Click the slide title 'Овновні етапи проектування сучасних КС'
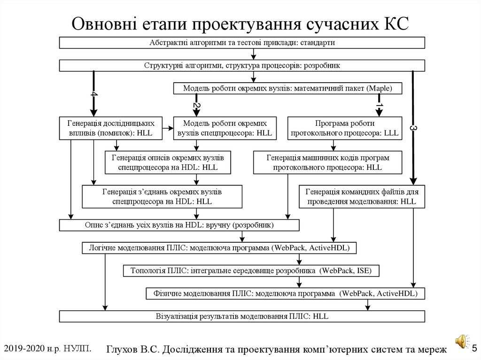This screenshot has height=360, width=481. [x=240, y=23]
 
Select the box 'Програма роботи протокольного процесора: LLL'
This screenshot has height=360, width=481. [x=345, y=128]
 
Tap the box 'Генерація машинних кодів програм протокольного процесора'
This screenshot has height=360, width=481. [x=327, y=162]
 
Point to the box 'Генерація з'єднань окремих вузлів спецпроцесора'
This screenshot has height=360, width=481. [x=162, y=197]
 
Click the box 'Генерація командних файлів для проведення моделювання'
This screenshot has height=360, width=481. [x=362, y=197]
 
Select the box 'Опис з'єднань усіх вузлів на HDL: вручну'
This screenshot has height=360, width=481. [x=179, y=225]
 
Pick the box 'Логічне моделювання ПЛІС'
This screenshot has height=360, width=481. [x=219, y=247]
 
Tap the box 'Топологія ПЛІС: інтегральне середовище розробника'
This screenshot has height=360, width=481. [x=250, y=271]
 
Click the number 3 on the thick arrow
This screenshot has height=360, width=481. [x=413, y=128]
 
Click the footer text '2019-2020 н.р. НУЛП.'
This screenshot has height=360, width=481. [x=47, y=348]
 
